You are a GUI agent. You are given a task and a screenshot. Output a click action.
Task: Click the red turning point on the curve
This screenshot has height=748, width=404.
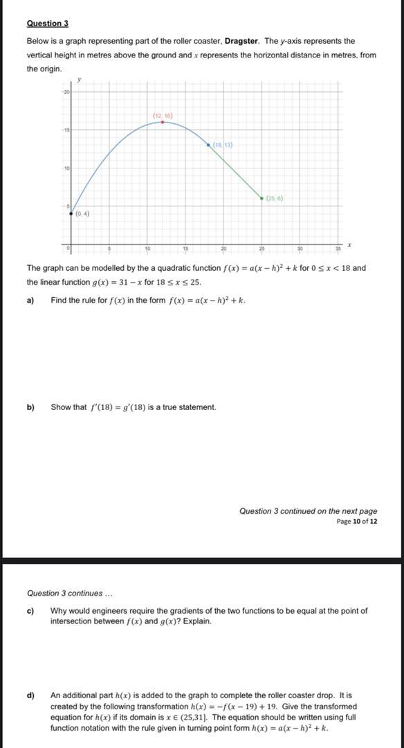(x=163, y=121)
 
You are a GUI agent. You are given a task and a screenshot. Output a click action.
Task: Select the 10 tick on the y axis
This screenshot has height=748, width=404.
(x=67, y=168)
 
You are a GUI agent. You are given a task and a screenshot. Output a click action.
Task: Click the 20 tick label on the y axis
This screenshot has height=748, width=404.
(x=67, y=91)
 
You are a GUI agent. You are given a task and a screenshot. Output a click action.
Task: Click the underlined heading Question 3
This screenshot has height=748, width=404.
(x=47, y=24)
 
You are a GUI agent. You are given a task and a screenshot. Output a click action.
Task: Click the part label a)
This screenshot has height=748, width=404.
(x=30, y=301)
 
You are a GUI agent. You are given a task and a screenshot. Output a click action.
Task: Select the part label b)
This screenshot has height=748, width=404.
(x=30, y=407)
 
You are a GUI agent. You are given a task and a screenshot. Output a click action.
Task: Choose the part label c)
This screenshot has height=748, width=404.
(x=30, y=611)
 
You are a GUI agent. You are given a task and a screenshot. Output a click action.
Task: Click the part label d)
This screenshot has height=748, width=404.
(x=30, y=695)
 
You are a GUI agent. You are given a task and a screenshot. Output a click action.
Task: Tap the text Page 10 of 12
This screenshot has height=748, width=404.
(x=357, y=522)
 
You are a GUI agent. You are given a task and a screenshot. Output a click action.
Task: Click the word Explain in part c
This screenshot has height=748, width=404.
(x=197, y=621)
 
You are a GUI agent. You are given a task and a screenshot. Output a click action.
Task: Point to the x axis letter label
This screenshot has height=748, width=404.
(x=350, y=244)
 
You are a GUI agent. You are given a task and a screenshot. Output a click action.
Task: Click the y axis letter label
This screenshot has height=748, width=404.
(x=78, y=80)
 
